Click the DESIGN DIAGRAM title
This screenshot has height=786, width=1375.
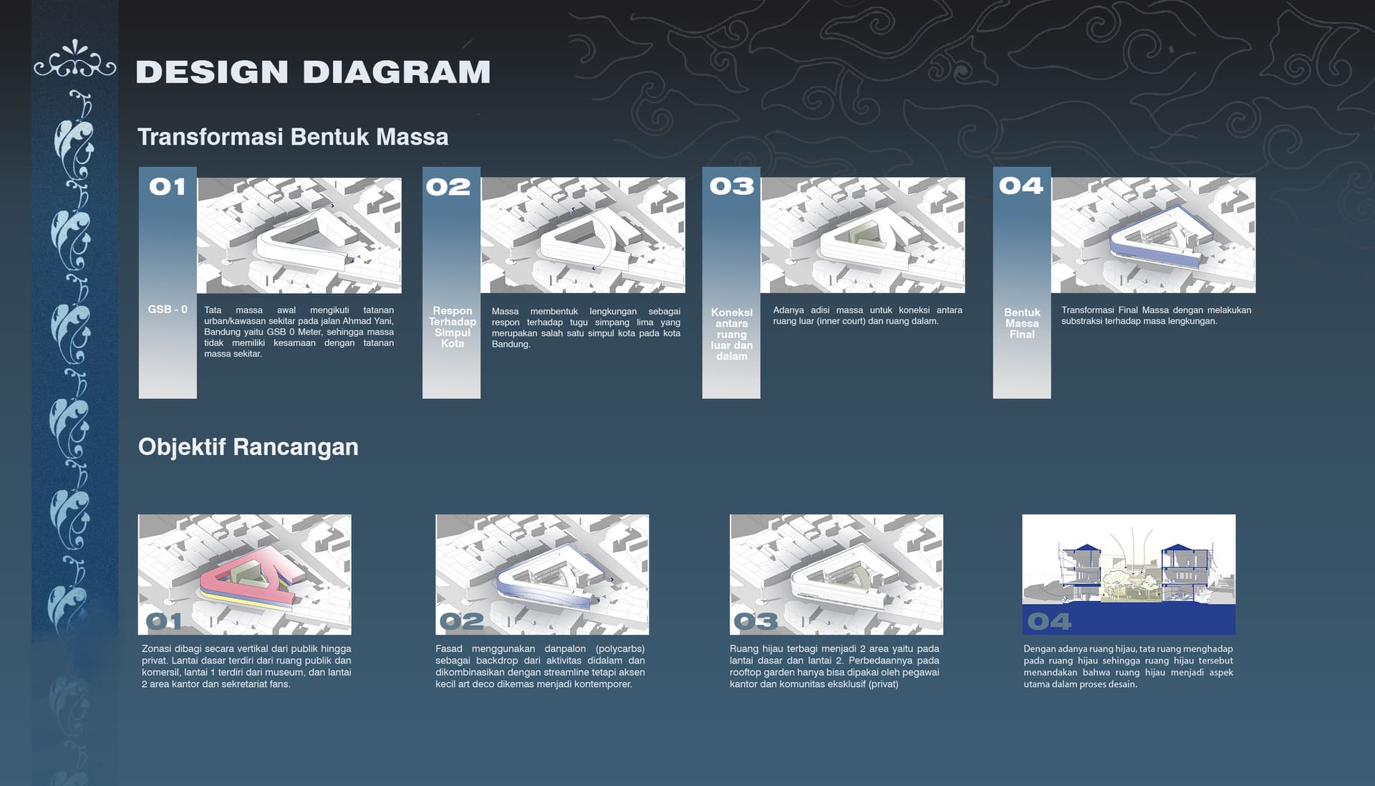tap(313, 72)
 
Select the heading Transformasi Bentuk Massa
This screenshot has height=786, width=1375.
tap(293, 137)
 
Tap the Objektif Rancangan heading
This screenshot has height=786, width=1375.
tap(248, 447)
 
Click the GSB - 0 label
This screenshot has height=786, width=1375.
tap(168, 310)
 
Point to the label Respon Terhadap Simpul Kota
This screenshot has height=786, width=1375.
tap(453, 327)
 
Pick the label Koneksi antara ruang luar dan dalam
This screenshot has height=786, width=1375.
tap(732, 334)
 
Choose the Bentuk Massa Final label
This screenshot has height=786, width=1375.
tap(1022, 323)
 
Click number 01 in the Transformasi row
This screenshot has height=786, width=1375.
tap(168, 187)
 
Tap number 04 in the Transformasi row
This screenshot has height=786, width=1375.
tap(1021, 186)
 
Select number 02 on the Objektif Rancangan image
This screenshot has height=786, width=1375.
tap(461, 621)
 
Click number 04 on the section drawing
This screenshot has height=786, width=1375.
tap(1049, 621)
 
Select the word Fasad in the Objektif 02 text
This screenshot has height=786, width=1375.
tap(450, 649)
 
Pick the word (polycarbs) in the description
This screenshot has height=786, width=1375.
tap(620, 649)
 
